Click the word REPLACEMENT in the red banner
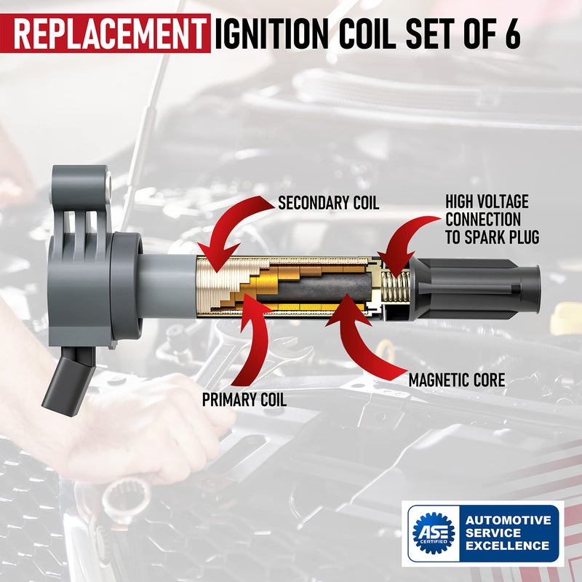click(108, 33)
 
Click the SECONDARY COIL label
click(329, 203)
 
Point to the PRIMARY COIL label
click(245, 399)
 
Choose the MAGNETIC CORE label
click(456, 380)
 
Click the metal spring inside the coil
click(392, 288)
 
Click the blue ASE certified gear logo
click(433, 534)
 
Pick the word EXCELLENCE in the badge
click(508, 546)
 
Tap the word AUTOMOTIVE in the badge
click(508, 520)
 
